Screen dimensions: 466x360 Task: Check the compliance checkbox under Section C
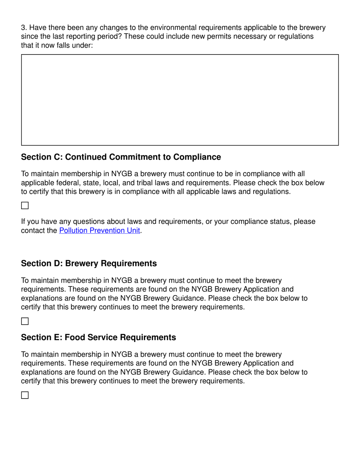[x=25, y=206]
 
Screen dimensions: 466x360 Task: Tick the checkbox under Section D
[x=25, y=321]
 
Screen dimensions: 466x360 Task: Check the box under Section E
[x=25, y=395]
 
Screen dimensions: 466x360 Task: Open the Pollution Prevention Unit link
[x=99, y=230]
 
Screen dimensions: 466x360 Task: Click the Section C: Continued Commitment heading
[x=121, y=157]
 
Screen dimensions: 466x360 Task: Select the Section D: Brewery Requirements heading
[x=89, y=263]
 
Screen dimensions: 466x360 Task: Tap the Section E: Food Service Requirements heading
[x=98, y=337]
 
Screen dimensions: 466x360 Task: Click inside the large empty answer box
[x=180, y=100]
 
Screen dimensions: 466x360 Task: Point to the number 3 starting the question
[x=23, y=28]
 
